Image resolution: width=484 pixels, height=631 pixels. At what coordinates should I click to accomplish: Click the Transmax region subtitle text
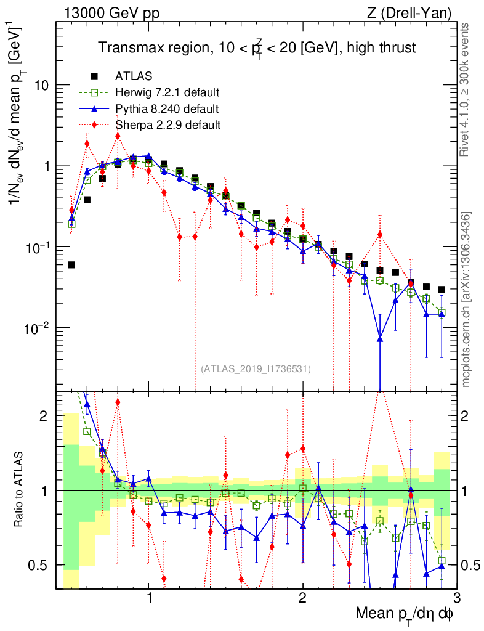tap(259, 47)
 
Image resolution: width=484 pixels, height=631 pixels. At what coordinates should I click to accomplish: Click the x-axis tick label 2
tap(302, 598)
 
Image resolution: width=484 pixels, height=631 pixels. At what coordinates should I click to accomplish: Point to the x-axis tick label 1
tap(149, 598)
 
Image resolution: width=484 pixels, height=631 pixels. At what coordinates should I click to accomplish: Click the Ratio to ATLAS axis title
tap(20, 489)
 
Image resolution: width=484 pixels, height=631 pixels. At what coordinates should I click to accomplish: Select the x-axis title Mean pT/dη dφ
tap(405, 614)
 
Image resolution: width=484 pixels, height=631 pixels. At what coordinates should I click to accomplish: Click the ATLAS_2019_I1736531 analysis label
tap(256, 369)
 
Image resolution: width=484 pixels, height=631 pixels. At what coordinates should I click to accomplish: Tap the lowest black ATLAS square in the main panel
tap(71, 265)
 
